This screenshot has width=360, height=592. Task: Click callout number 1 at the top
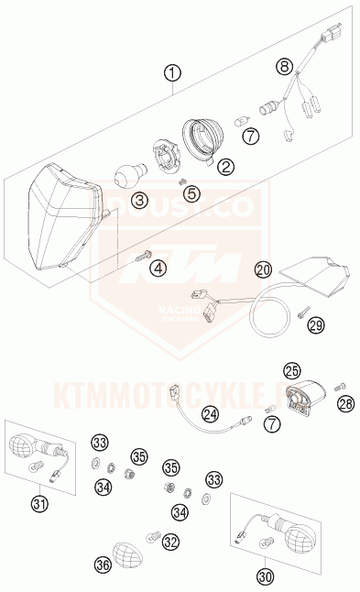coord(174,71)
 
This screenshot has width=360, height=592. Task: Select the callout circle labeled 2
coord(225,166)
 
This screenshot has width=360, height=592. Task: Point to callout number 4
coord(158,268)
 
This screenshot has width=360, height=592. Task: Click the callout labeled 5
coord(191,192)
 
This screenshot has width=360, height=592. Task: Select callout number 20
coord(264,270)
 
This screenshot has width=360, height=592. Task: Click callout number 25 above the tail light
coord(291,371)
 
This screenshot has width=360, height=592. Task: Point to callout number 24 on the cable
coord(212,414)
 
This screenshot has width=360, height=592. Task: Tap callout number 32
coord(169,543)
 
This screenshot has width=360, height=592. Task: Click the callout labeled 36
coord(103,567)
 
